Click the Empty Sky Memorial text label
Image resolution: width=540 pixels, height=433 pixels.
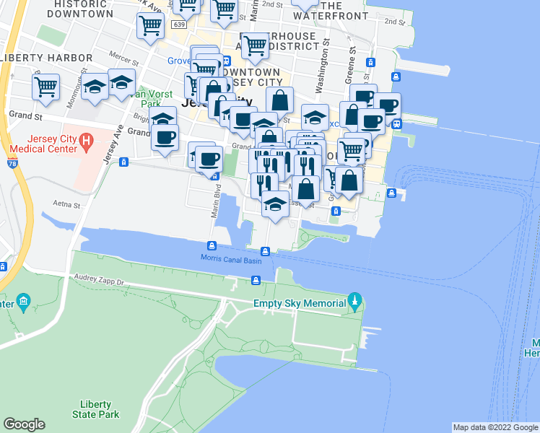click(300, 304)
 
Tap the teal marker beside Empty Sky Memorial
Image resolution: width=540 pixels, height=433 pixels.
click(354, 299)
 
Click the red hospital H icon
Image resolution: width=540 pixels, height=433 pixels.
click(87, 139)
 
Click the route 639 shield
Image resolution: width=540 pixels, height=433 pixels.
click(179, 25)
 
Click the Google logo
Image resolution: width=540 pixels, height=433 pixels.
click(24, 424)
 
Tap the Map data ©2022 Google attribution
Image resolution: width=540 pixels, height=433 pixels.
click(495, 427)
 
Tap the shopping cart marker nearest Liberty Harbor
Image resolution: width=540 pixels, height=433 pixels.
click(45, 87)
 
